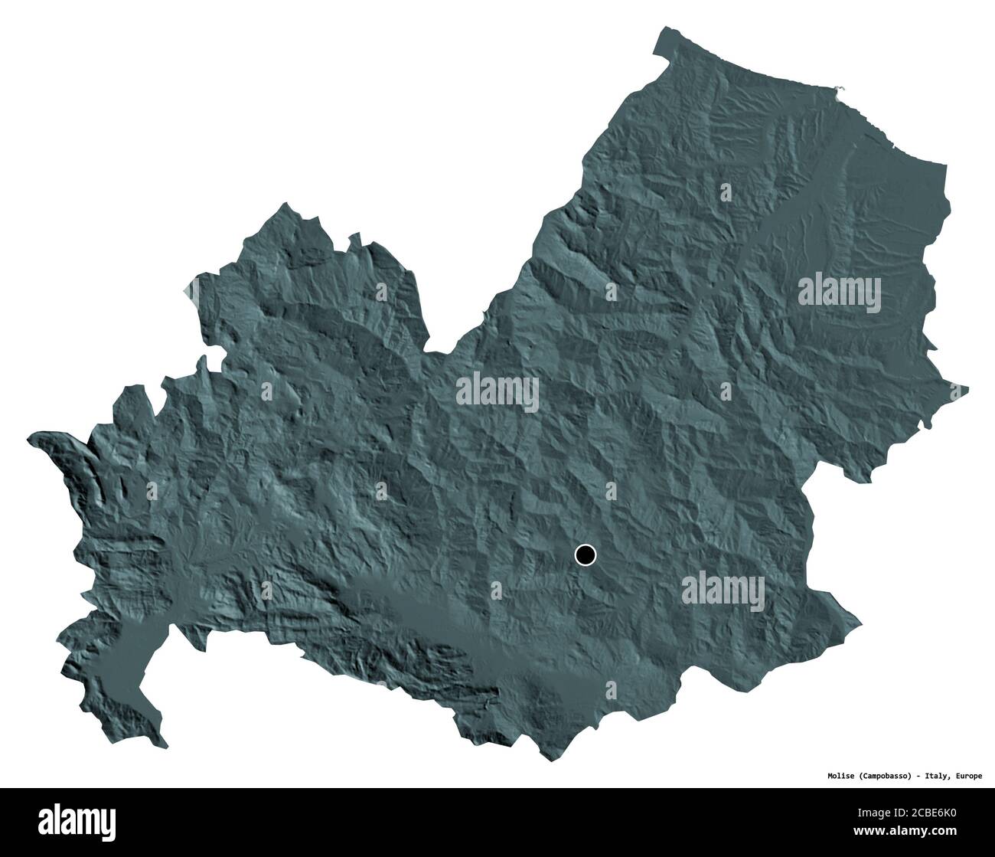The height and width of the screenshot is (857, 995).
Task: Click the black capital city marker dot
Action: tap(586, 554)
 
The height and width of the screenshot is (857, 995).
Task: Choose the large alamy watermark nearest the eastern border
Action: tap(840, 292)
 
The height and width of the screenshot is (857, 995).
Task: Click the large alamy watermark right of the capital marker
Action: tap(723, 591)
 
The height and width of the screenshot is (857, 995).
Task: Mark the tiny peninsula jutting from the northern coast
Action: tap(840, 90)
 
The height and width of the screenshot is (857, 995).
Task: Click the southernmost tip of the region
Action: tap(548, 761)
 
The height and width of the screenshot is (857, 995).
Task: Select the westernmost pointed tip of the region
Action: tap(28, 439)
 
